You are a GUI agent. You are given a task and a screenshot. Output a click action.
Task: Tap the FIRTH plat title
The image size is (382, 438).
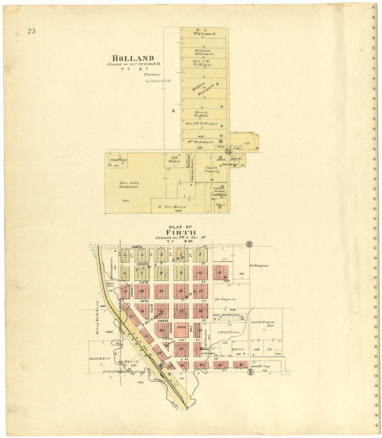tap(181, 232)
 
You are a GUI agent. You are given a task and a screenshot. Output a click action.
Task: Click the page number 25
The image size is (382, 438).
tap(32, 31)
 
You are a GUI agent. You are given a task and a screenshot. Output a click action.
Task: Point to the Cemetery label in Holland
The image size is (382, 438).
tap(118, 160)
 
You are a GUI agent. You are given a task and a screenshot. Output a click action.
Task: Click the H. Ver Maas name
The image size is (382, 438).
tap(172, 207)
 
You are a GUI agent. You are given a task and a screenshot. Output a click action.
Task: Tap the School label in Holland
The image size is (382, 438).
tap(220, 205)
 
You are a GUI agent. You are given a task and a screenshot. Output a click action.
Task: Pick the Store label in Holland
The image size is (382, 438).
tap(221, 147)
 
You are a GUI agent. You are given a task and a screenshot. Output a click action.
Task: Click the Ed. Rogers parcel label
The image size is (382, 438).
tap(226, 299)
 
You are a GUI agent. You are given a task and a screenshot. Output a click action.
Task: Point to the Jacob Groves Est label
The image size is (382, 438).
tap(263, 324)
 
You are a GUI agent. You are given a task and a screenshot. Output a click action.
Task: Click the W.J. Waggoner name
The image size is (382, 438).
tap(259, 266)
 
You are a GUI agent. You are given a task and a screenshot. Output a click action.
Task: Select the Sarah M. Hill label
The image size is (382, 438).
tap(100, 359)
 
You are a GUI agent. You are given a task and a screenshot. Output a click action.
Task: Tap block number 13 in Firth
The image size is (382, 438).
tap(219, 272)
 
